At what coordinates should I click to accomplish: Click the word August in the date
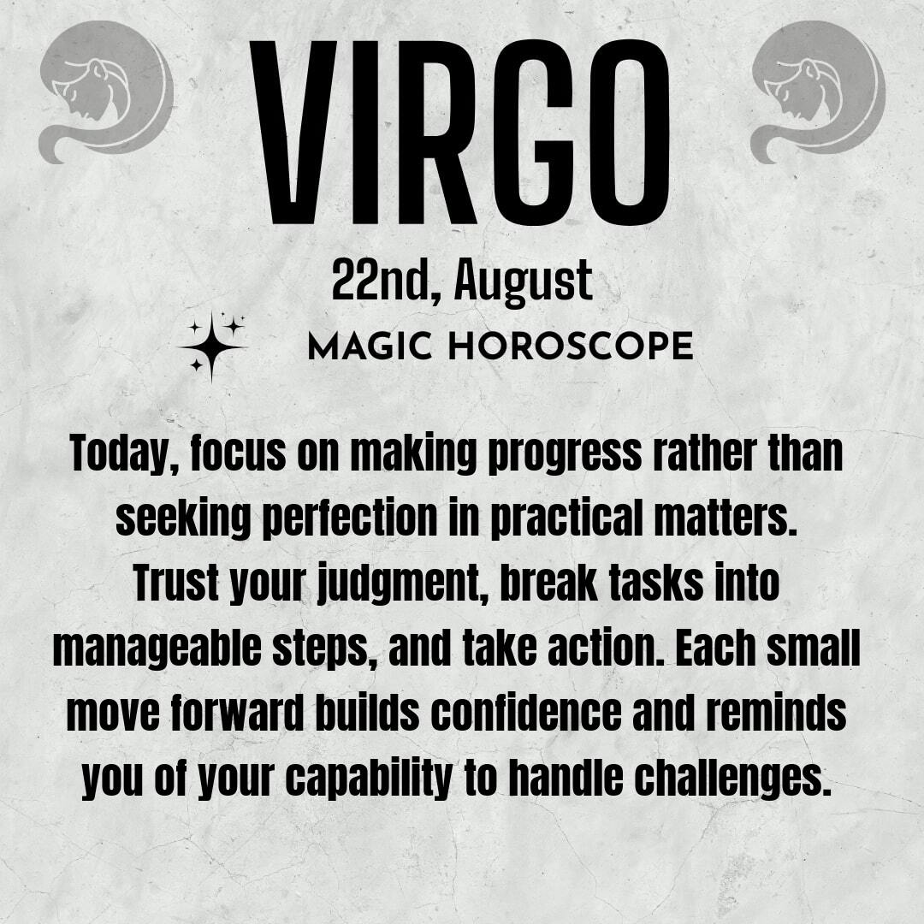tap(524, 283)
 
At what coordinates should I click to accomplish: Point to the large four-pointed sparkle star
tap(211, 347)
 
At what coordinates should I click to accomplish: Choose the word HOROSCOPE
tap(571, 346)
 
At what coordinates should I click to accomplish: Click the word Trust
tap(176, 583)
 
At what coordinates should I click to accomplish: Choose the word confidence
tap(526, 713)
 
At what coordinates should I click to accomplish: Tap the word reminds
tap(775, 713)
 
